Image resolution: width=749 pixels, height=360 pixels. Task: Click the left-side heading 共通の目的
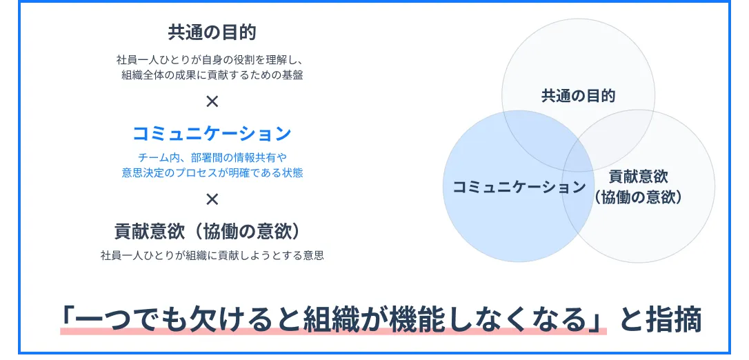coord(212,32)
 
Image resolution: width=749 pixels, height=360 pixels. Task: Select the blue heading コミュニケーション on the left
coord(212,134)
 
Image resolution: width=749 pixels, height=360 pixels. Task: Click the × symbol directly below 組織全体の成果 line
coord(212,101)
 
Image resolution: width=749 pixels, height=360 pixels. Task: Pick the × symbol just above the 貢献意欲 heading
coord(212,199)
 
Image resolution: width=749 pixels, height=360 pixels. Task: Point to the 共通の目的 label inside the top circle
coord(578,96)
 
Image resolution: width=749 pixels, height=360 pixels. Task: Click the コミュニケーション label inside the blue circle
coord(519,187)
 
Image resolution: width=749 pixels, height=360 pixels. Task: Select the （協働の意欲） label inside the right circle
coord(638,197)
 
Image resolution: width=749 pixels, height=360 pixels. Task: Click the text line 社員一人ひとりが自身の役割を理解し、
coord(210,61)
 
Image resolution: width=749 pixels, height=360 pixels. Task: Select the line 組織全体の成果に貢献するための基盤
coord(212,75)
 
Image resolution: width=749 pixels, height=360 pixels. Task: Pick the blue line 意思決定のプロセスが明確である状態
coord(212,172)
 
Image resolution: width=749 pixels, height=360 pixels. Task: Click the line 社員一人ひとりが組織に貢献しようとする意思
coord(212,255)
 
